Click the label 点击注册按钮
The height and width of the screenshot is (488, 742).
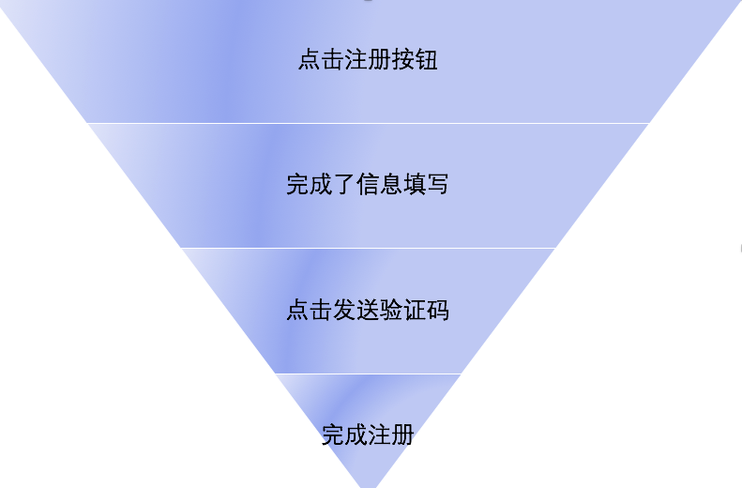tap(368, 61)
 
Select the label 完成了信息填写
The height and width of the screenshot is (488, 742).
tap(368, 184)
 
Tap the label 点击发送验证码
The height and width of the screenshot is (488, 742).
tap(368, 310)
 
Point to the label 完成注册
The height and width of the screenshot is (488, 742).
tap(368, 435)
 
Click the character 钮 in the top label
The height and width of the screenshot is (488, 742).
tap(427, 61)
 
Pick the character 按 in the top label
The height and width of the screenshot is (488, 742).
tap(403, 61)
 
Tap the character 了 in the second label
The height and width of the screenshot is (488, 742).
tap(344, 184)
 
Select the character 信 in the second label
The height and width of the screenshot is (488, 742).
tap(368, 184)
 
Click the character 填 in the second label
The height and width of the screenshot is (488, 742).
tap(415, 184)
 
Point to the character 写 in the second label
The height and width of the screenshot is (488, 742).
tap(438, 184)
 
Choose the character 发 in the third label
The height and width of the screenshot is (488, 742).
tap(344, 310)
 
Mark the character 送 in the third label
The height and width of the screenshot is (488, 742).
tap(368, 310)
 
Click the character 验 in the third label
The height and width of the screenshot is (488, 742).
tap(391, 310)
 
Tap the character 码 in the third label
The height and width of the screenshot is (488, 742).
tap(438, 310)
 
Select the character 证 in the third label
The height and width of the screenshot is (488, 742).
tap(415, 310)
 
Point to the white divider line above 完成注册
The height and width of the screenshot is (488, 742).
tap(368, 374)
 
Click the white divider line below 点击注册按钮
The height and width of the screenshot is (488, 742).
tap(368, 123)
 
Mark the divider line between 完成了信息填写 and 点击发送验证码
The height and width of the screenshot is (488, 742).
tap(368, 248)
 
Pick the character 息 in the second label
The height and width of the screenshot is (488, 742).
tap(391, 184)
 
